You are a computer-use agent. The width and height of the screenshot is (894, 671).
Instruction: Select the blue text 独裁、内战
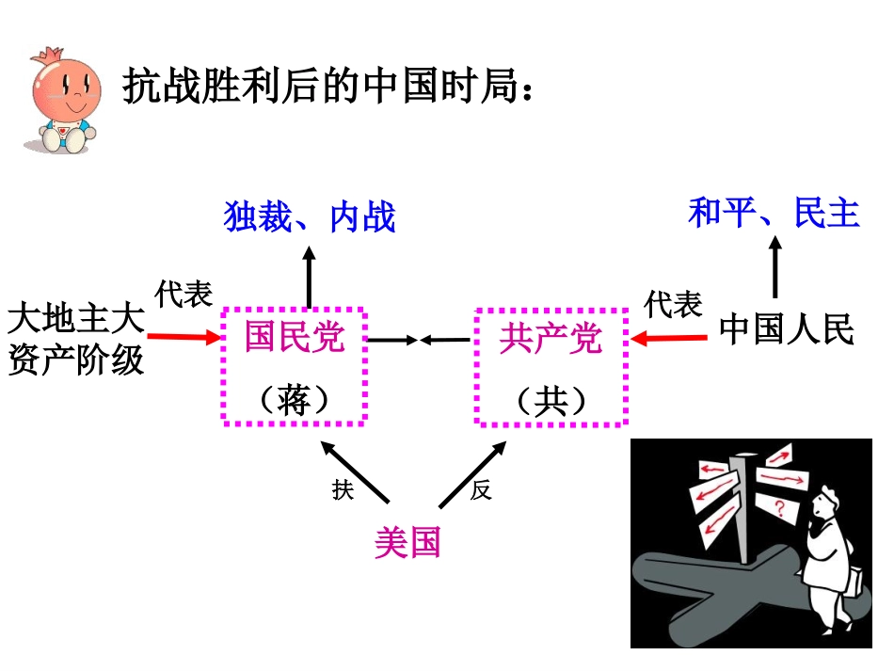click(310, 216)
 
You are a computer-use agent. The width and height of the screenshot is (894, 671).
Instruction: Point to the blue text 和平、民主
click(774, 213)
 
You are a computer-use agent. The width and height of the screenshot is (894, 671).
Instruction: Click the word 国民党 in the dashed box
click(295, 337)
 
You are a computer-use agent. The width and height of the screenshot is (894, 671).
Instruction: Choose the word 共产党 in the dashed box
click(551, 337)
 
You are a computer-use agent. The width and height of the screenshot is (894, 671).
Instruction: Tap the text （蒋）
click(295, 401)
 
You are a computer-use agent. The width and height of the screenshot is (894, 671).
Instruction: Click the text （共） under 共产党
click(551, 402)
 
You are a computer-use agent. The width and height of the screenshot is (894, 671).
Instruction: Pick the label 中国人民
click(787, 330)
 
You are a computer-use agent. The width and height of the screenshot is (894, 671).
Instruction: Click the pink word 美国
click(407, 543)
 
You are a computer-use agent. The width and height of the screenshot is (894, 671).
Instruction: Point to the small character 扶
click(342, 491)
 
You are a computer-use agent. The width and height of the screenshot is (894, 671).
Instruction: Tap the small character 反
click(481, 490)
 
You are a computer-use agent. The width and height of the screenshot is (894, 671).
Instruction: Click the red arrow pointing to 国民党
click(183, 335)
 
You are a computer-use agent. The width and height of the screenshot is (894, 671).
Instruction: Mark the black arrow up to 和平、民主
click(774, 267)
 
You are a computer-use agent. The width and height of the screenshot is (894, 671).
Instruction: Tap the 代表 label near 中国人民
click(674, 304)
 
